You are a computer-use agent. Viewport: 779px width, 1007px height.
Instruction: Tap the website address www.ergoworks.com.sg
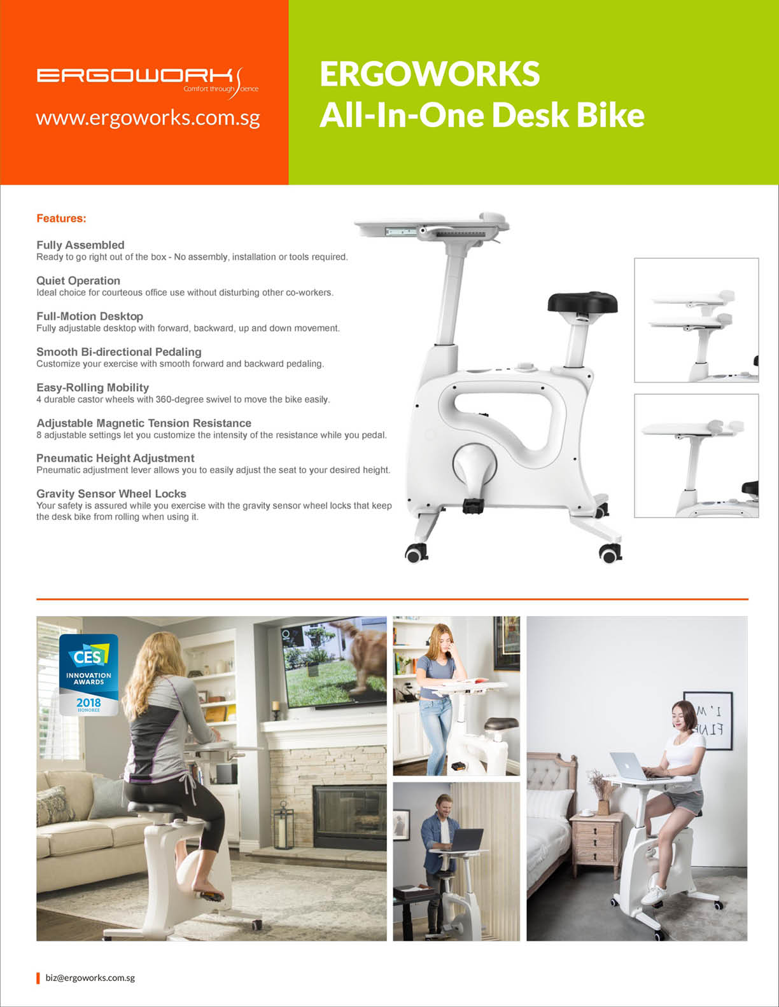[148, 119]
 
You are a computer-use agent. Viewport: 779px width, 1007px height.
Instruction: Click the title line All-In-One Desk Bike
[482, 114]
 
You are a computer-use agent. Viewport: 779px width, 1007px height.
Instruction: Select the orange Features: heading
[61, 218]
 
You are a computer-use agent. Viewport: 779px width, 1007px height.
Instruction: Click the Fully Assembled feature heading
[80, 245]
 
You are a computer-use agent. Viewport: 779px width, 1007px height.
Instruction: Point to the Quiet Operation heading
[78, 280]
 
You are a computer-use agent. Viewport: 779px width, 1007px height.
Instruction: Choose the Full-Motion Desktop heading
[90, 316]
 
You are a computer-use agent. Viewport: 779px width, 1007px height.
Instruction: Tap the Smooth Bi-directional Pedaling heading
[119, 352]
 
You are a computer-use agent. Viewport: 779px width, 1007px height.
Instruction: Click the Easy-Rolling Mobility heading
[92, 387]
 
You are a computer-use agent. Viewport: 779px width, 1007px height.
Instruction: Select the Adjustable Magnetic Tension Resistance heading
[144, 423]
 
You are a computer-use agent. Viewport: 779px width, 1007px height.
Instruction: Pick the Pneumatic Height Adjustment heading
[115, 458]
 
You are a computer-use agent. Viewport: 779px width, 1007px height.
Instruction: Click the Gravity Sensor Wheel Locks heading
[111, 493]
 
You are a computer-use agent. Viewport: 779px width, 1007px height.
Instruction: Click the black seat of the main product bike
[582, 302]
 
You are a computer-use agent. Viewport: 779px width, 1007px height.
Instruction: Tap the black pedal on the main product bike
[474, 505]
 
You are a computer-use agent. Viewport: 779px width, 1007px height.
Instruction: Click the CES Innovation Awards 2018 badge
[88, 675]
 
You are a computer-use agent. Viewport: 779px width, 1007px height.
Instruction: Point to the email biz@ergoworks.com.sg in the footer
[90, 978]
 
